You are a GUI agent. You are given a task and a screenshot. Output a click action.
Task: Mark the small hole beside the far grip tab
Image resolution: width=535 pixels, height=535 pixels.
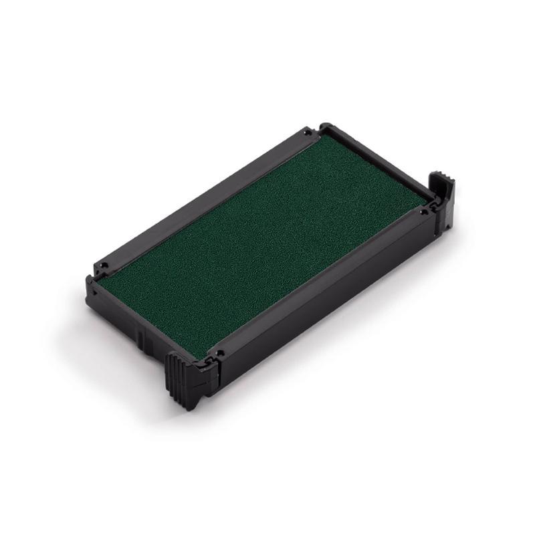pyautogui.click(x=423, y=212)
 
